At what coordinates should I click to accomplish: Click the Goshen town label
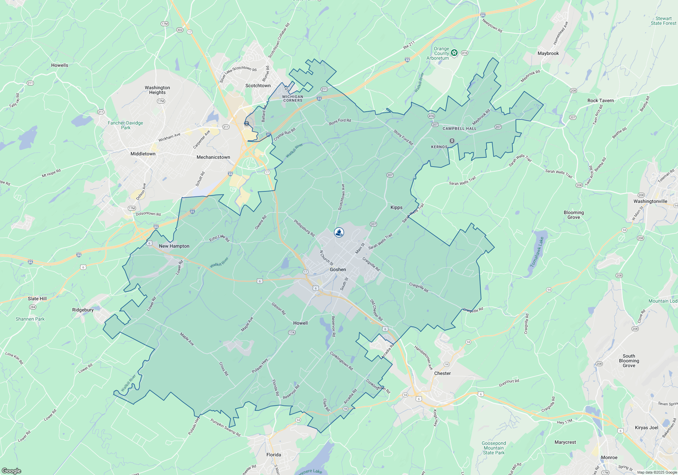pyautogui.click(x=338, y=269)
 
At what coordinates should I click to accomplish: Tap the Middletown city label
pyautogui.click(x=143, y=154)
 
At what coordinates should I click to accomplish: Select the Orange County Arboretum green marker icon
pyautogui.click(x=454, y=53)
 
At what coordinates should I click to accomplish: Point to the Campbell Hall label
pyautogui.click(x=459, y=129)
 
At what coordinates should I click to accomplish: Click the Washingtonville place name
pyautogui.click(x=650, y=201)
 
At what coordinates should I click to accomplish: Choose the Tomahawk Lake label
pyautogui.click(x=537, y=251)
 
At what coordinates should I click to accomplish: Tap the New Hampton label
pyautogui.click(x=174, y=246)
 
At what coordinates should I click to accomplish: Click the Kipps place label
pyautogui.click(x=396, y=207)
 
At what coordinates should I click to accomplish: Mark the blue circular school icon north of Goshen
pyautogui.click(x=339, y=232)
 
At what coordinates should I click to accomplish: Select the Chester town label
pyautogui.click(x=442, y=373)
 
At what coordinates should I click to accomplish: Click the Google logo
pyautogui.click(x=12, y=471)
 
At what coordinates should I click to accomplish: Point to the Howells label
pyautogui.click(x=60, y=65)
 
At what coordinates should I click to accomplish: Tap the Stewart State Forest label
pyautogui.click(x=663, y=21)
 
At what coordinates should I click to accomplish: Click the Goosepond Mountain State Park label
pyautogui.click(x=494, y=448)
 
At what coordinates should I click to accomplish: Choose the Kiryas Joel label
pyautogui.click(x=646, y=427)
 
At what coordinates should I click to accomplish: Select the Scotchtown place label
pyautogui.click(x=258, y=85)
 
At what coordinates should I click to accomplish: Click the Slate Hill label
pyautogui.click(x=37, y=299)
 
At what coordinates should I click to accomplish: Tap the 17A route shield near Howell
pyautogui.click(x=292, y=332)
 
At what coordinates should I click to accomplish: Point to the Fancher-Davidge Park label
pyautogui.click(x=125, y=125)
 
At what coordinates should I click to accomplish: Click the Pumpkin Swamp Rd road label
pyautogui.click(x=225, y=427)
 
